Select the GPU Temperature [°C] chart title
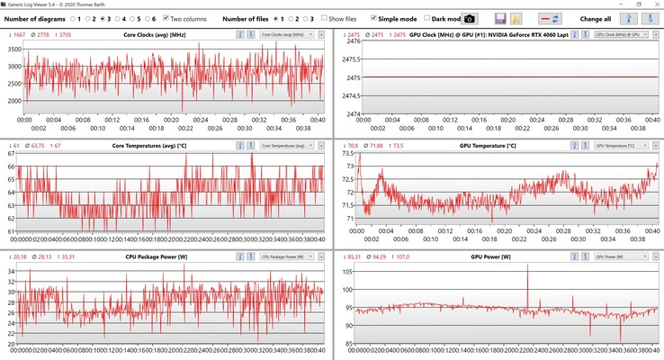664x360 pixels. point(488,145)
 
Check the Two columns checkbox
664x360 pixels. point(166,18)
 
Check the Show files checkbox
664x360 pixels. point(323,18)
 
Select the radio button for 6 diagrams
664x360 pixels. point(144,18)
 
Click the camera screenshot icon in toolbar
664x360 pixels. point(470,18)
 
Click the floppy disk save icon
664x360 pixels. point(500,18)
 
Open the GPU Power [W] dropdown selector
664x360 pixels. point(621,256)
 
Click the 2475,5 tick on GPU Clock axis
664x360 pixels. point(345,58)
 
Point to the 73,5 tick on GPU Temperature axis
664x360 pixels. point(347,153)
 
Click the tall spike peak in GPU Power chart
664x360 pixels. point(527,277)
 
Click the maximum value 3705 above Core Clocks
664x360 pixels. point(66,34)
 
